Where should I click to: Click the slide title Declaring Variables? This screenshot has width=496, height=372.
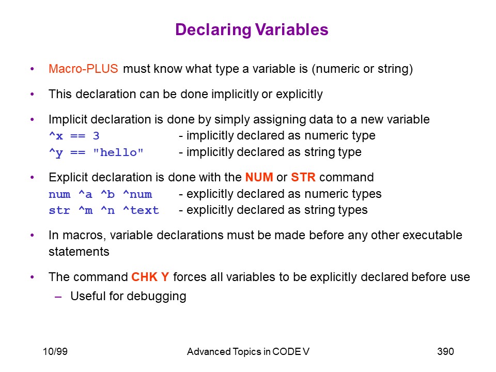point(252,30)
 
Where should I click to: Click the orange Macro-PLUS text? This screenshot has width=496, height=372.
point(83,69)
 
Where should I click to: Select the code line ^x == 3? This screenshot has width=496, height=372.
point(74,136)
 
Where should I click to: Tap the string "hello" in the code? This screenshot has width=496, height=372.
point(118,152)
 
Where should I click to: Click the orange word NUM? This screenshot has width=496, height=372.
point(259,177)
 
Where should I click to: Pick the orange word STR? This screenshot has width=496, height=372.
point(303,177)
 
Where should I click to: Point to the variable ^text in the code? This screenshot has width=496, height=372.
point(141,210)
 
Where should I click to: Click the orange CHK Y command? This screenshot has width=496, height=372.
point(150,277)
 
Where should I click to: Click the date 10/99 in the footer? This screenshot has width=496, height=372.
point(55,351)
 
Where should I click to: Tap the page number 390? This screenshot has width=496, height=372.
point(445,351)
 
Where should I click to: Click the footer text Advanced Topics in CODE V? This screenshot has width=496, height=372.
point(248,351)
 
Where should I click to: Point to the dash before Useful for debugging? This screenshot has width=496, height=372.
point(58,297)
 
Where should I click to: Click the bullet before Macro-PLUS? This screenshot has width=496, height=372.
point(32,69)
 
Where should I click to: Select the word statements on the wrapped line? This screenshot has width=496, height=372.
point(79,252)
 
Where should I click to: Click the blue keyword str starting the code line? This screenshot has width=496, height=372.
point(59,210)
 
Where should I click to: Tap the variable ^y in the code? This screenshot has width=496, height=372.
point(56,153)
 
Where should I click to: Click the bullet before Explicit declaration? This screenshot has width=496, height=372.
point(32,177)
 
